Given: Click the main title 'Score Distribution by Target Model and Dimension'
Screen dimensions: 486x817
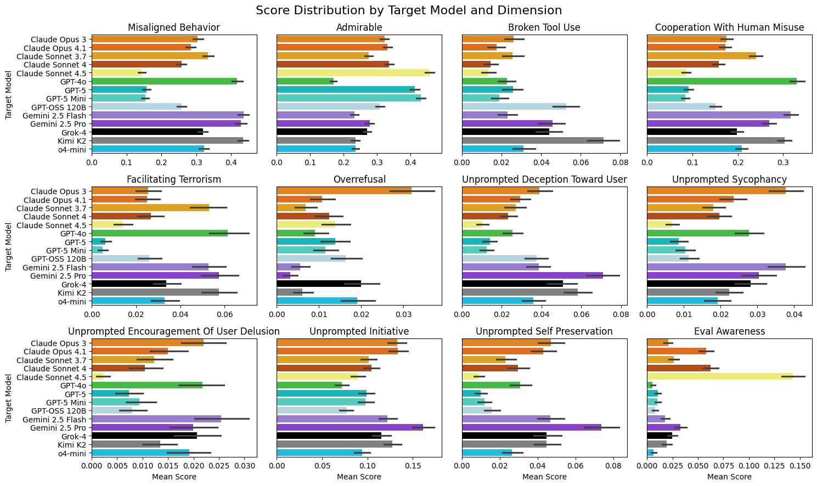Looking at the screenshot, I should [408, 10].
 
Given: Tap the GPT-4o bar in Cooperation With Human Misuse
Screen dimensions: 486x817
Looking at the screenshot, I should [722, 81].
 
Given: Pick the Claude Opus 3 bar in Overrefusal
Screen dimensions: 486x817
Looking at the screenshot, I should [344, 191].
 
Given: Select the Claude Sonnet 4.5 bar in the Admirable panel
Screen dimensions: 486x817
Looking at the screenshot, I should [353, 73].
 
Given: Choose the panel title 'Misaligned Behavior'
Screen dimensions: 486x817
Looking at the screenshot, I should [173, 28].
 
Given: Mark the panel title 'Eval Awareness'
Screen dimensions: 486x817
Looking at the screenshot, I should [730, 331].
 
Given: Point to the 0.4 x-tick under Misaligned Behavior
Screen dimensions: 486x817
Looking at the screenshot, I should [230, 162].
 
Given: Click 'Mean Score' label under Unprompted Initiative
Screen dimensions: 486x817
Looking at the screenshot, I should [359, 477].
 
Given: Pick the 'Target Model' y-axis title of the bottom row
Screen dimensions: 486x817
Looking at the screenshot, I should [8, 397].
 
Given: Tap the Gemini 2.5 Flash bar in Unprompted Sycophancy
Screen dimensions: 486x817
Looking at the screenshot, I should [716, 267].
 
